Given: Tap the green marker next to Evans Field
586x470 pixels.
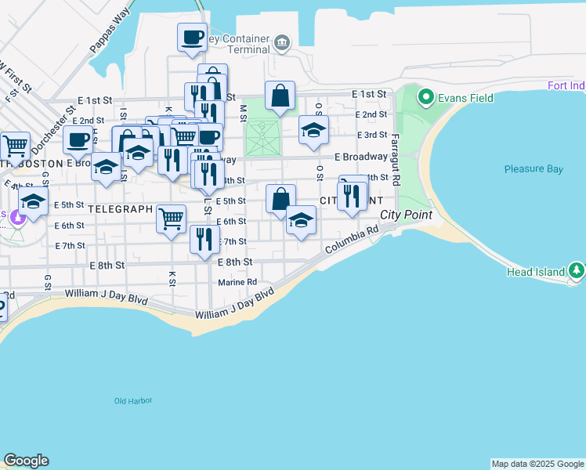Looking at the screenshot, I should tap(426, 97).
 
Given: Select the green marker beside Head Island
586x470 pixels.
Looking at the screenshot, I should tap(577, 271).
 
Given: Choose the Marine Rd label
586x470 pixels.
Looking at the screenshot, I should tap(237, 282).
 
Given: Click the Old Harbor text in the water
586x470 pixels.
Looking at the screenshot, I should tap(132, 401).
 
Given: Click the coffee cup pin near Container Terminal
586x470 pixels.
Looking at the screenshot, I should tap(192, 38).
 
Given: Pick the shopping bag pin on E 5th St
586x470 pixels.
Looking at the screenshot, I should tap(280, 199).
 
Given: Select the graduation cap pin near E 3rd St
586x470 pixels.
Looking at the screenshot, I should tap(313, 130).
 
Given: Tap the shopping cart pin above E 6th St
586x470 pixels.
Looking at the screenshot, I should tap(171, 219).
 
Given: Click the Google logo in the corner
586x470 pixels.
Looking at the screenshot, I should tap(26, 461).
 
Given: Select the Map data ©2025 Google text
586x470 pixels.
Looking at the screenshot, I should tap(537, 464).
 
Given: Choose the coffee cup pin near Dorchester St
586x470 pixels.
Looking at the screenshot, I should tap(78, 139).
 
